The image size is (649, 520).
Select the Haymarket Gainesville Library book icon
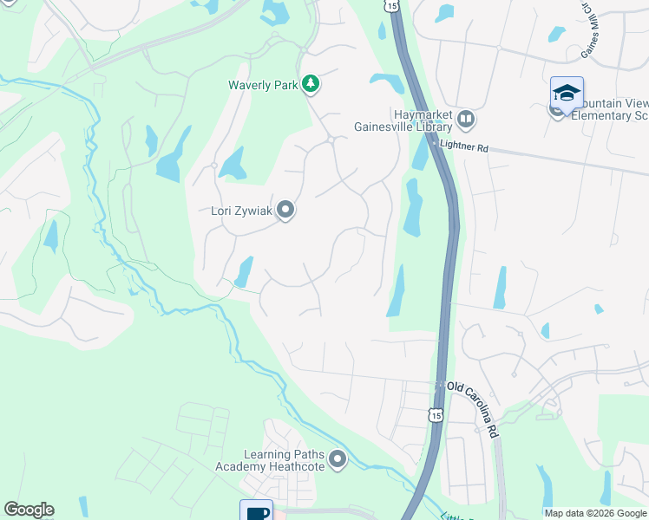[x=467, y=118]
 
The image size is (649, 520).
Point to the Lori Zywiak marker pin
[x=285, y=211]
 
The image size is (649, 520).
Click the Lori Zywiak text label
[x=242, y=211]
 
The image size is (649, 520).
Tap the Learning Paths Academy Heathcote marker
[x=338, y=459]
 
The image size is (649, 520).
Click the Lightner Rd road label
[x=464, y=147]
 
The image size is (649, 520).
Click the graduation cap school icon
[x=567, y=93]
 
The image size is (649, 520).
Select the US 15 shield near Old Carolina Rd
[x=436, y=415]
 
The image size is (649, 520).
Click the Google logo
[x=29, y=510]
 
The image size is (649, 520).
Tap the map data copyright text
[x=595, y=513]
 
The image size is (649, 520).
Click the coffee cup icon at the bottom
[x=257, y=511]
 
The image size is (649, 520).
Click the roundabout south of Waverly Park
[x=331, y=140]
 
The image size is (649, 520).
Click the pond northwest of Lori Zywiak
[x=233, y=163]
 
